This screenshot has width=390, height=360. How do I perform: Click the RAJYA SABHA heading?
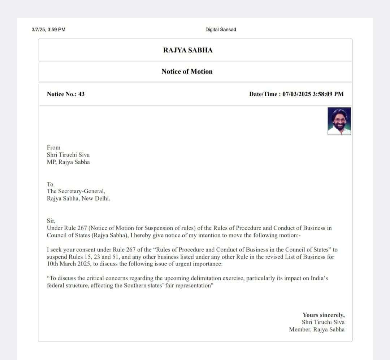[188, 50]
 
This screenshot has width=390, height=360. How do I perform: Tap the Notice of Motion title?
[187, 71]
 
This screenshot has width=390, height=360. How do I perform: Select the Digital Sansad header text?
[220, 30]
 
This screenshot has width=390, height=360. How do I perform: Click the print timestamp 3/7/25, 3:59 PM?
[48, 30]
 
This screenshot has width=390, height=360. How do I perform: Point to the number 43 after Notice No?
[81, 94]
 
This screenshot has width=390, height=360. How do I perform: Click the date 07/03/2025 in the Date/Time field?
[296, 94]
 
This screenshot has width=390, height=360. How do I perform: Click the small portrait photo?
[339, 121]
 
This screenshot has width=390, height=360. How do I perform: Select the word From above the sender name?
[53, 148]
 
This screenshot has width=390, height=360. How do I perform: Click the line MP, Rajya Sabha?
[68, 162]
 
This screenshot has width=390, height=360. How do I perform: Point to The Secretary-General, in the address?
[76, 192]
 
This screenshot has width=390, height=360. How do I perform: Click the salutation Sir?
[51, 221]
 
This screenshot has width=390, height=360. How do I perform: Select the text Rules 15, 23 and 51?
[85, 257]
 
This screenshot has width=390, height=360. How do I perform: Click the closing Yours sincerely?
[324, 315]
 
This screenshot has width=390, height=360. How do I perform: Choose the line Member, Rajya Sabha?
[317, 329]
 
